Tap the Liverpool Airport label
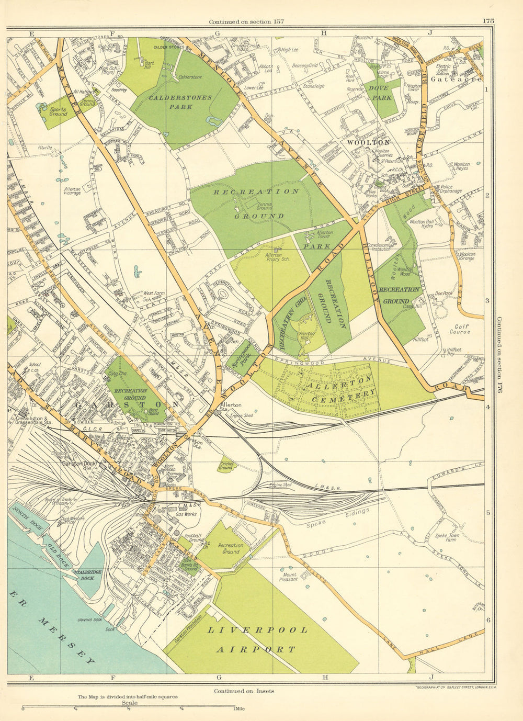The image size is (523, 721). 257,639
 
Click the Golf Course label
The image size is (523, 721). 459,329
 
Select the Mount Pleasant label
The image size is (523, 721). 287,577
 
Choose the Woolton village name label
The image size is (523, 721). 373,142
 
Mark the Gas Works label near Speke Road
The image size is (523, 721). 186,515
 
